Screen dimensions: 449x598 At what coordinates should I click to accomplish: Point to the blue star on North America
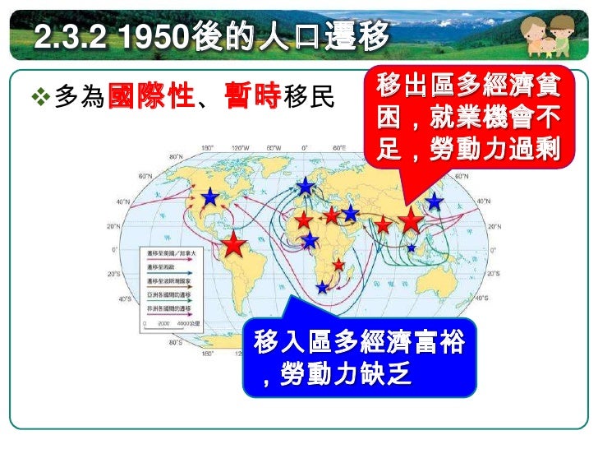tap(210, 197)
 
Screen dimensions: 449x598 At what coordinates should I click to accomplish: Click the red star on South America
tap(234, 243)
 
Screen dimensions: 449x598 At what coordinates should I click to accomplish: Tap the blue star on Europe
tap(306, 187)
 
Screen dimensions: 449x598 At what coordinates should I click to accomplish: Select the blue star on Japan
tap(435, 201)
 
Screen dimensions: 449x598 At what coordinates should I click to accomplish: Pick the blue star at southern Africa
tap(321, 288)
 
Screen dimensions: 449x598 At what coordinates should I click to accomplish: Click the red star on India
tap(383, 224)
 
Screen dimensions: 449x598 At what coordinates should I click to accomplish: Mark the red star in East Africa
tap(338, 265)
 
